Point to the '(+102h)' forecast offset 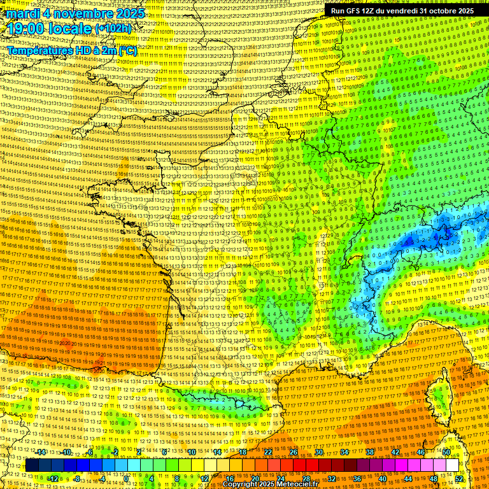(113, 29)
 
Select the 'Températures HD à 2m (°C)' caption (72, 51)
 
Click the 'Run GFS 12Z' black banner (402, 11)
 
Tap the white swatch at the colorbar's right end (452, 465)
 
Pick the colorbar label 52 (459, 479)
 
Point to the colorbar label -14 (41, 452)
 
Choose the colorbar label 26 (294, 452)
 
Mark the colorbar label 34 (344, 452)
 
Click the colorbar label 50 (446, 452)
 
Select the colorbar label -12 (53, 479)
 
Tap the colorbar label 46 (420, 452)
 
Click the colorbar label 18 (243, 452)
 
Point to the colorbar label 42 (395, 452)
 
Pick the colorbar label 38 (369, 452)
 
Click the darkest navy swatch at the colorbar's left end (32, 465)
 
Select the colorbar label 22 (268, 452)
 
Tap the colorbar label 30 (319, 452)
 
